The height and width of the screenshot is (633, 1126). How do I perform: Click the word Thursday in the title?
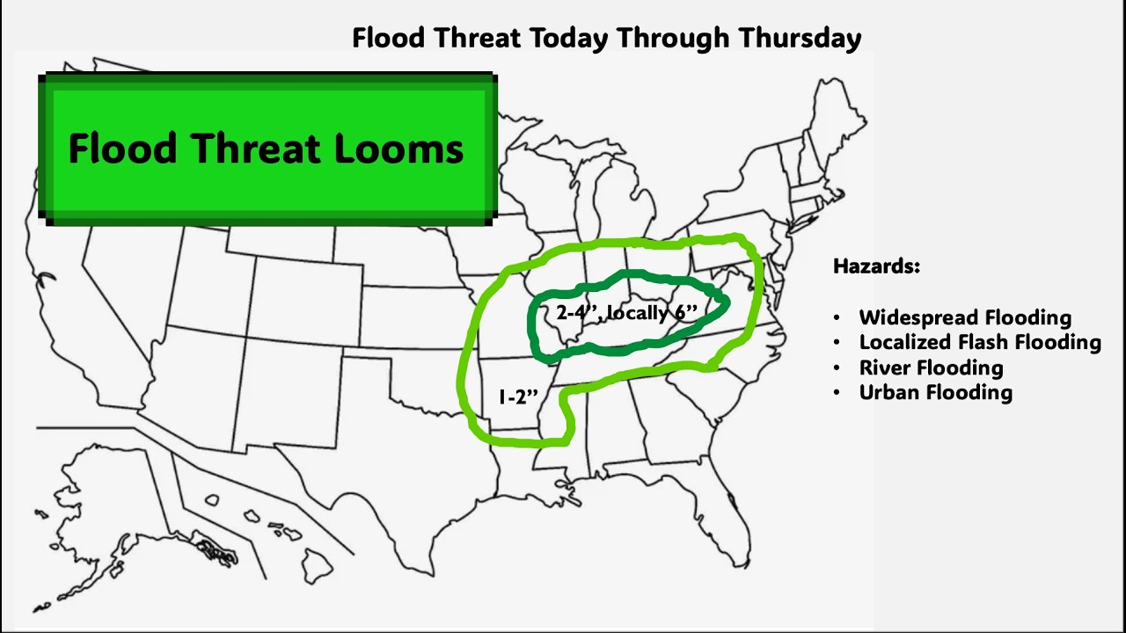pyautogui.click(x=800, y=38)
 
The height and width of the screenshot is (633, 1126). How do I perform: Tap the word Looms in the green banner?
pyautogui.click(x=398, y=149)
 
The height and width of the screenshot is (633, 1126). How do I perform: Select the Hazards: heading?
pyautogui.click(x=876, y=266)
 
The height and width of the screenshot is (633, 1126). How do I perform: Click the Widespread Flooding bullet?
pyautogui.click(x=965, y=317)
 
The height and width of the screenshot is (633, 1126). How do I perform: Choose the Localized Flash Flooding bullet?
pyautogui.click(x=980, y=342)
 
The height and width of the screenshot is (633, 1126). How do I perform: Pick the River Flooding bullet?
pyautogui.click(x=931, y=367)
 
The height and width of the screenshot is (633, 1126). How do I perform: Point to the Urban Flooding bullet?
pyautogui.click(x=935, y=392)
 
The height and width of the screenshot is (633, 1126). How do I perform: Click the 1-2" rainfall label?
pyautogui.click(x=517, y=397)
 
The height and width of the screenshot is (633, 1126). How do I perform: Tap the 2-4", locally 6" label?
pyautogui.click(x=626, y=313)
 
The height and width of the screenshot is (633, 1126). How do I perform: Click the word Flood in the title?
pyautogui.click(x=386, y=38)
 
